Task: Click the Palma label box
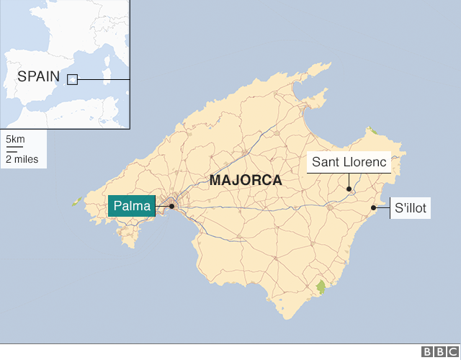(132, 207)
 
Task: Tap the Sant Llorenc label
(349, 162)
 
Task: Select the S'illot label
(411, 209)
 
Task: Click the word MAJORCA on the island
(246, 181)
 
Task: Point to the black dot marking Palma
(172, 207)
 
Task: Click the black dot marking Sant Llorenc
(349, 189)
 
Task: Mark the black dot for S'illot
(373, 208)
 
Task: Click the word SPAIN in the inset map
(38, 76)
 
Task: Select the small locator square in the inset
(72, 79)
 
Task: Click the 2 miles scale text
(22, 159)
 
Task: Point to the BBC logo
(437, 351)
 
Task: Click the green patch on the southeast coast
(321, 287)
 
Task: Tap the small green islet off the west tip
(76, 202)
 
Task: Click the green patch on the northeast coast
(372, 131)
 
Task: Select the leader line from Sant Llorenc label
(349, 180)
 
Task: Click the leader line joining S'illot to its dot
(382, 208)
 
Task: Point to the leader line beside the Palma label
(164, 207)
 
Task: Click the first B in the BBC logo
(426, 351)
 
